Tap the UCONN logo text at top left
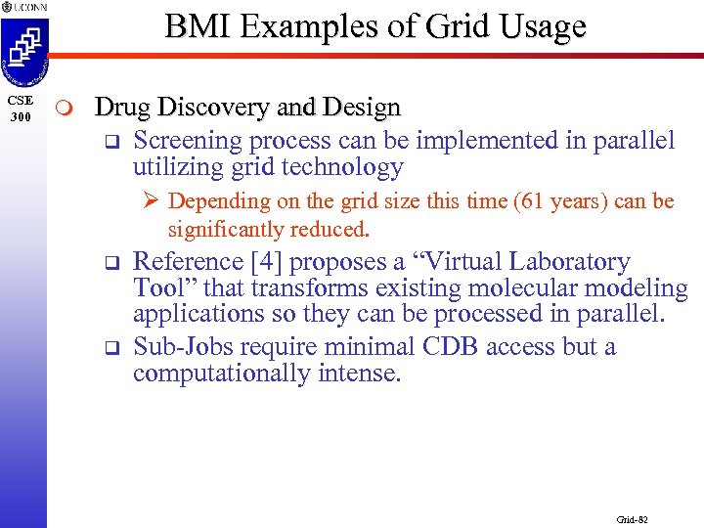[x=28, y=7]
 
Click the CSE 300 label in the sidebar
[x=21, y=109]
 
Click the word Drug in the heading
[x=119, y=107]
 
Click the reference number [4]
[x=267, y=262]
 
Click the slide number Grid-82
[x=633, y=519]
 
